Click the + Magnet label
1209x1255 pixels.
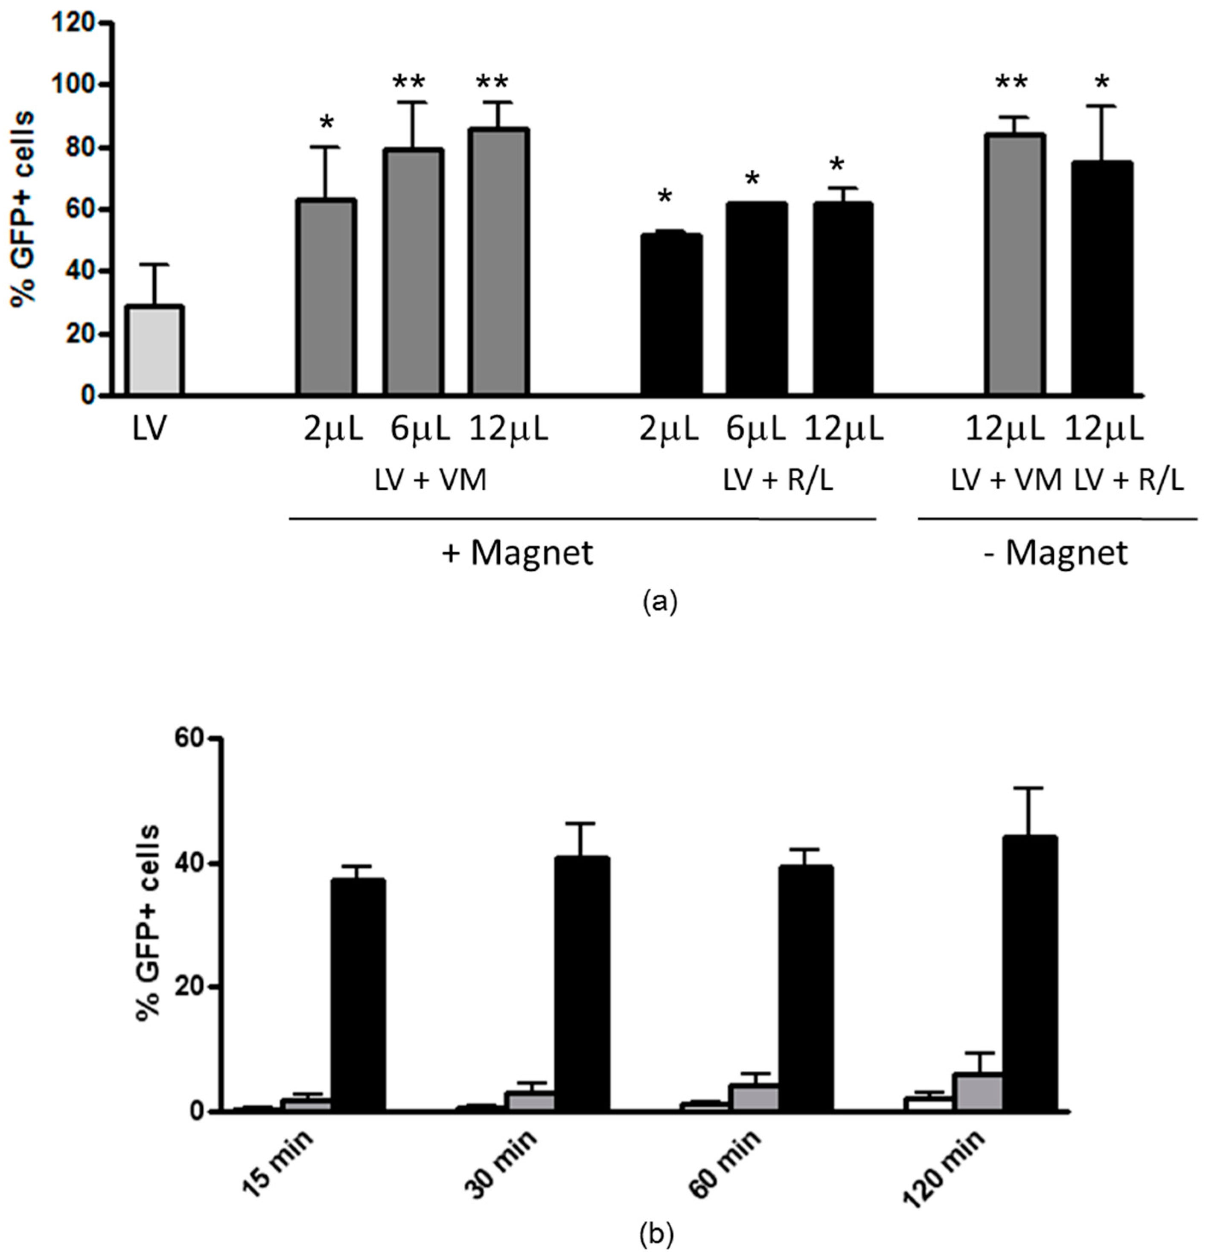(518, 552)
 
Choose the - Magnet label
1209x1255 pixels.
(1055, 552)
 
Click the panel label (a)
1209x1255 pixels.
(659, 602)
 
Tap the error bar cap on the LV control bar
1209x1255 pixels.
(154, 264)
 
